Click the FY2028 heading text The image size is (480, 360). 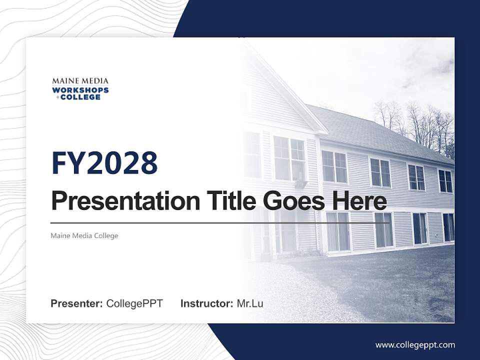tap(104, 163)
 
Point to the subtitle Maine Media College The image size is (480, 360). tap(84, 235)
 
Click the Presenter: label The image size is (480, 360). tap(77, 303)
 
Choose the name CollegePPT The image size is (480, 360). tap(134, 303)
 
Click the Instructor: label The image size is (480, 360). tap(206, 303)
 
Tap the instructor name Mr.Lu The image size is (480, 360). tap(250, 303)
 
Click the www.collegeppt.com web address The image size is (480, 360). tap(415, 344)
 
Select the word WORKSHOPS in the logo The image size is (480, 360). tap(80, 90)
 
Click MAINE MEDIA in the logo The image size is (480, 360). tap(80, 81)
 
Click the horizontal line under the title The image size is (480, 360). tap(220, 223)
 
